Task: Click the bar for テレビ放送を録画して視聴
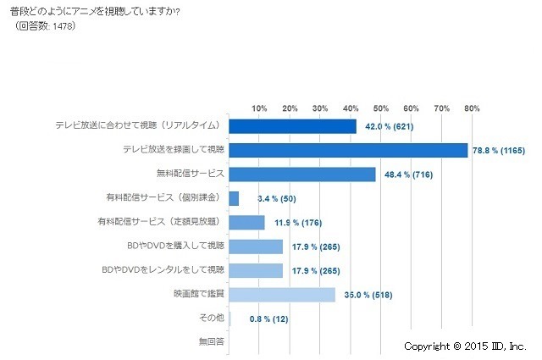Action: tap(348, 150)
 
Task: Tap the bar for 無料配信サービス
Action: tap(302, 174)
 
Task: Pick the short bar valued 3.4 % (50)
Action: tap(235, 198)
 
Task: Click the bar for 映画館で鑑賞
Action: tap(282, 295)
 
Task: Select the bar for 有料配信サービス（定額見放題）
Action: tap(247, 223)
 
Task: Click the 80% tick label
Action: tap(472, 108)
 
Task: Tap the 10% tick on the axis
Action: tap(259, 108)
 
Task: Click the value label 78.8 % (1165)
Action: tap(499, 151)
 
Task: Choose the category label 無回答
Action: tap(211, 342)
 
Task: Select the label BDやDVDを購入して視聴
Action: tap(174, 246)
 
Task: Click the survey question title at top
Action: tap(105, 10)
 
